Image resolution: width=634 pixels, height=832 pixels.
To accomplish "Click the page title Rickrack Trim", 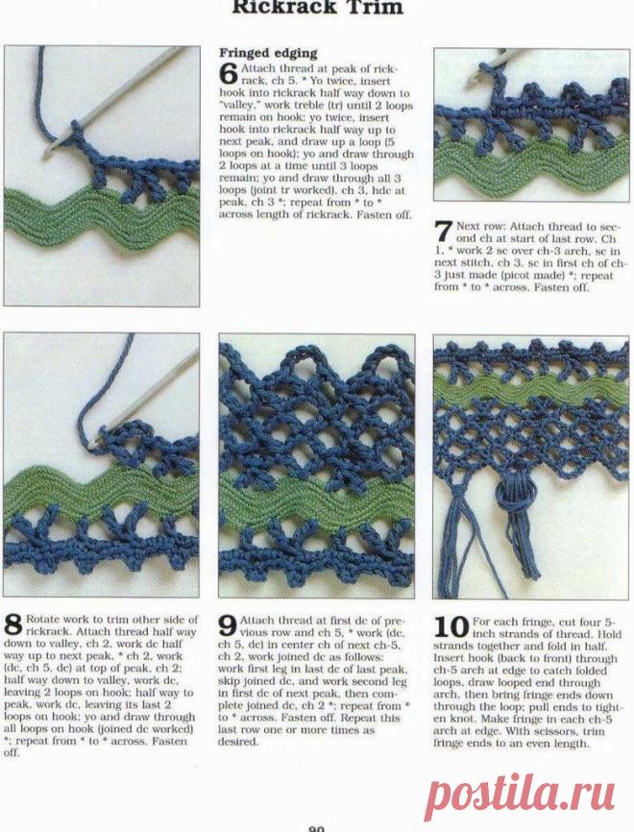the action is pos(317,7).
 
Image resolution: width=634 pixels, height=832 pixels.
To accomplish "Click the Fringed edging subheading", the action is pos(268,53).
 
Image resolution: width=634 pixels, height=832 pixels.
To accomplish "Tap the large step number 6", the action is pos(229,74).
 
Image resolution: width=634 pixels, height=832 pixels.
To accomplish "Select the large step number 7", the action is pos(444,231).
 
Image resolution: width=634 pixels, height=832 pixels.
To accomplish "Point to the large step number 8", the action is pos(13,624).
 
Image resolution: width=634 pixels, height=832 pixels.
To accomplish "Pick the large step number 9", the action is pos(228,625).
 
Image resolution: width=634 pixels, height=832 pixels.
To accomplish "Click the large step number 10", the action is pos(451,626).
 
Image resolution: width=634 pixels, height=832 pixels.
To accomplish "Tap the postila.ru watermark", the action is pos(522,793).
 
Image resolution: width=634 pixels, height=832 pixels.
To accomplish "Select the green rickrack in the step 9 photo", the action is pos(317,500).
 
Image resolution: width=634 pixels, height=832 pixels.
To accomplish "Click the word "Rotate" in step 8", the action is pos(42,620).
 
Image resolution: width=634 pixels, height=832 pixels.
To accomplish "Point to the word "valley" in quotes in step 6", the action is pos(237,105).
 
